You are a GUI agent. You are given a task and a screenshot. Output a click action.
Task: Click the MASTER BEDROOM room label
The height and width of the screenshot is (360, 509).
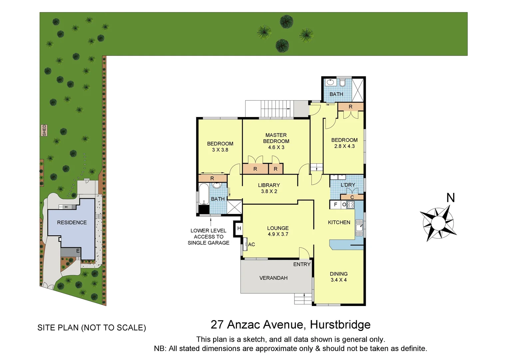276,141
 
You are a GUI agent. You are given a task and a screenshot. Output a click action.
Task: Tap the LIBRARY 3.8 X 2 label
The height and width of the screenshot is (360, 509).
269,188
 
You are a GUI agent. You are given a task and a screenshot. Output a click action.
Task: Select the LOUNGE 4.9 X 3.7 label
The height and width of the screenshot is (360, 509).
278,231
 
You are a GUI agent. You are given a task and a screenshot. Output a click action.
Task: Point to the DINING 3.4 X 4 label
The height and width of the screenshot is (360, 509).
338,277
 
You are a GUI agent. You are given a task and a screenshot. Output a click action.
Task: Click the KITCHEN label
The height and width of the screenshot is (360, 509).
339,222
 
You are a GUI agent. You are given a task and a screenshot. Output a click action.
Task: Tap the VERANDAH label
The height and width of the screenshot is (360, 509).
273,278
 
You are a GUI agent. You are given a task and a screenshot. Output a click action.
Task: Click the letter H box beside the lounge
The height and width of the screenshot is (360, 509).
239,229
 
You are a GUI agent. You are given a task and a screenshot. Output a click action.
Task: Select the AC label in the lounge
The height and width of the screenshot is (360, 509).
252,244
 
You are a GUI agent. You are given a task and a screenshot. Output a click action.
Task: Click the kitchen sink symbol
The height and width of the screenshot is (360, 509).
359,228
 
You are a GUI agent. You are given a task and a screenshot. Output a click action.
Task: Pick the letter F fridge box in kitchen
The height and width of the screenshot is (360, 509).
335,205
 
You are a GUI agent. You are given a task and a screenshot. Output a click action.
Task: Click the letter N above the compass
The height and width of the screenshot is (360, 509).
450,198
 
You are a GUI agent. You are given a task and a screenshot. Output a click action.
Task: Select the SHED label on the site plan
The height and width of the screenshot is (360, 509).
44,130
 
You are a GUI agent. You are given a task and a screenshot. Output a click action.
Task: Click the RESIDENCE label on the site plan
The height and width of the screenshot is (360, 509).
72,222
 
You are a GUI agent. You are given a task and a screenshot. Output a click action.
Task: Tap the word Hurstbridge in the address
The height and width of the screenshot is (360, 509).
340,324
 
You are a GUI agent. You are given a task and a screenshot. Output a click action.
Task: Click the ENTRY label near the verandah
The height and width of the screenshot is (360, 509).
302,264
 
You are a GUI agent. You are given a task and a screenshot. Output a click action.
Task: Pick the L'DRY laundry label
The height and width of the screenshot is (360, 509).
348,185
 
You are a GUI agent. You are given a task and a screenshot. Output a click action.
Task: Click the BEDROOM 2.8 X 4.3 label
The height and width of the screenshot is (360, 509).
344,143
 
